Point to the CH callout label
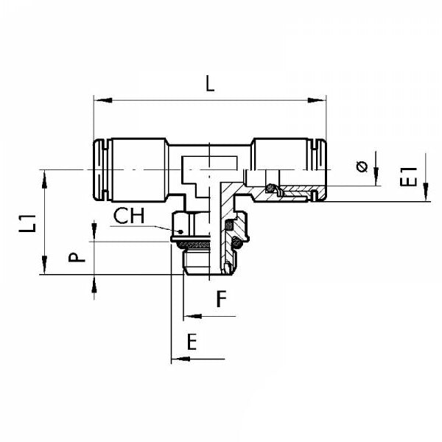click(129, 217)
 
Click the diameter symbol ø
click(362, 166)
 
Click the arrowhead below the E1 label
click(427, 196)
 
